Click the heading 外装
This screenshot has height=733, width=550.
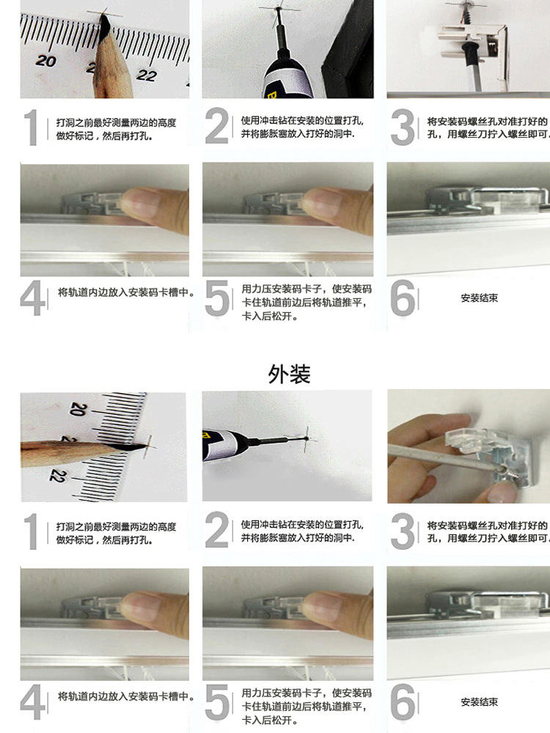(x=289, y=374)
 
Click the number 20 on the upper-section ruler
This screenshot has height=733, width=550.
(x=45, y=60)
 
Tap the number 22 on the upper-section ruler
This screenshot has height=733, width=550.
(x=146, y=75)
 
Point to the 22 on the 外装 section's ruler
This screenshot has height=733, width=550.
(x=57, y=476)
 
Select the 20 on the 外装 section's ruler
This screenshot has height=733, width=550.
(x=78, y=409)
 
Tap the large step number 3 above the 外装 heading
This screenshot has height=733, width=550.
(x=402, y=127)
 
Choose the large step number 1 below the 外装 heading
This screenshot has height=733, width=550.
(x=32, y=531)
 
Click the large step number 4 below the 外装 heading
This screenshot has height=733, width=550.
(x=32, y=701)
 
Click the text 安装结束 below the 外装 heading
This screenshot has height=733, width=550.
(x=480, y=701)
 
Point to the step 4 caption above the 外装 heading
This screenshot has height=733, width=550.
(x=125, y=292)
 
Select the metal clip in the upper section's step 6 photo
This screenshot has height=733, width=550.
(x=486, y=200)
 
